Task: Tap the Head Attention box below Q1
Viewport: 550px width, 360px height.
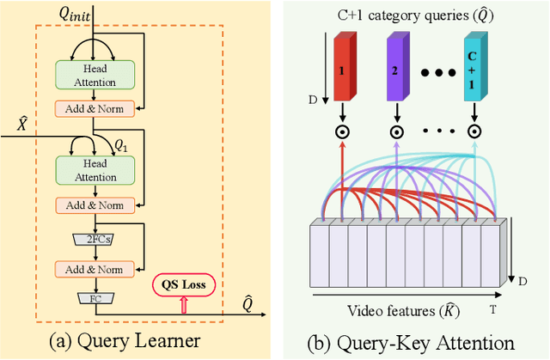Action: point(95,169)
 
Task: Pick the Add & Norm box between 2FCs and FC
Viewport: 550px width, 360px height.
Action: point(95,269)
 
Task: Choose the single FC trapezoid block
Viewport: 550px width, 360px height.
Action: point(95,298)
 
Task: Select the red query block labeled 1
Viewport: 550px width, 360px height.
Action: point(341,67)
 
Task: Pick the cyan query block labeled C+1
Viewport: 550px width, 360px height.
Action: point(474,67)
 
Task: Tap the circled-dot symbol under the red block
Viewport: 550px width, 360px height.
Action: point(341,132)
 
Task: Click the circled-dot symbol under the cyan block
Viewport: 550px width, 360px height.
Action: point(474,132)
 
